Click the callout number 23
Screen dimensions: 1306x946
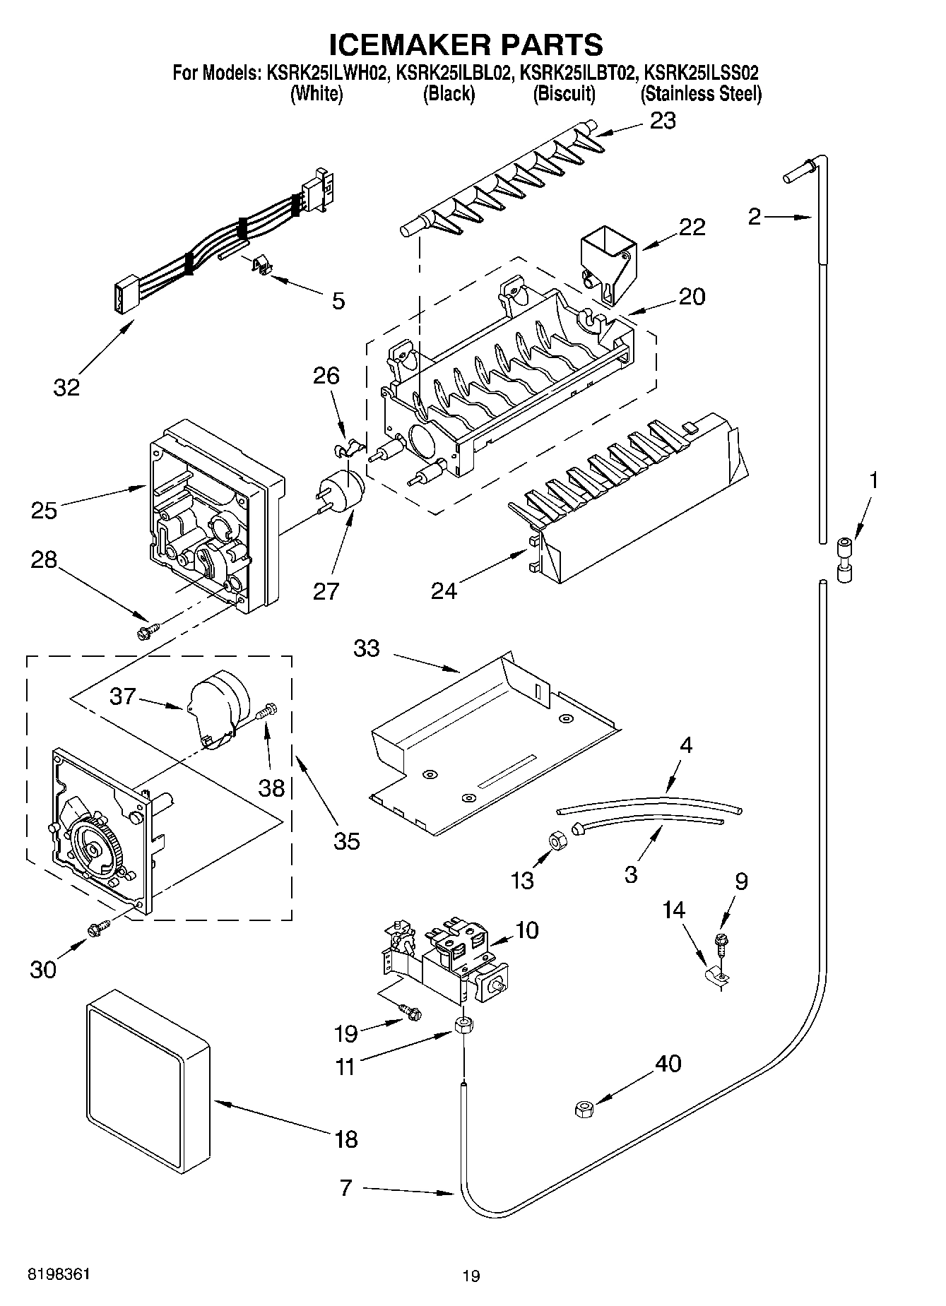click(663, 121)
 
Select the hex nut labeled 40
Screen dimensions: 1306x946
click(584, 1110)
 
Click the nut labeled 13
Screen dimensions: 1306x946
click(555, 840)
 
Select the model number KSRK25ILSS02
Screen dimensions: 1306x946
click(702, 73)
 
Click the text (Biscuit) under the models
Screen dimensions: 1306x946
click(564, 93)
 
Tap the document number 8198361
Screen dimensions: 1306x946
click(59, 1274)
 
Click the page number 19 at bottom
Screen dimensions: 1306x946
click(471, 1276)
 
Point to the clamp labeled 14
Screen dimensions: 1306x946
click(719, 978)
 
